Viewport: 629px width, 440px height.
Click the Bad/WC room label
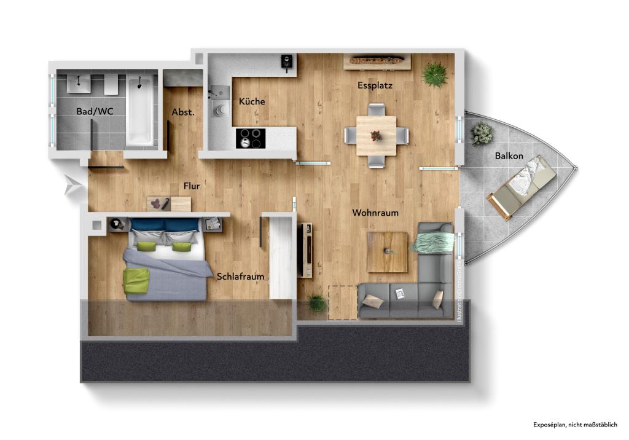click(94, 112)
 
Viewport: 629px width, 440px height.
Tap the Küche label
click(252, 101)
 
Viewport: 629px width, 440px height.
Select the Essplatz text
click(375, 85)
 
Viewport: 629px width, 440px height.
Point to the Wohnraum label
click(375, 213)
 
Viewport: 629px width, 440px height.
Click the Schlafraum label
click(240, 277)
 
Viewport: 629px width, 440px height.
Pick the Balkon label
click(509, 156)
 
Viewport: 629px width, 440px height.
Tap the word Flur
click(192, 186)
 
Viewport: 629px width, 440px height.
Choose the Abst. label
click(183, 112)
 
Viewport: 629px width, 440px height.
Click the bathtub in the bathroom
click(140, 111)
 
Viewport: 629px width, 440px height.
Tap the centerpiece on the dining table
click(376, 135)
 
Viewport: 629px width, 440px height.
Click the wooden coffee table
click(387, 252)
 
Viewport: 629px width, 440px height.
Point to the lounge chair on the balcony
click(522, 186)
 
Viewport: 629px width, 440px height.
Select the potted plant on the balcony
click(481, 133)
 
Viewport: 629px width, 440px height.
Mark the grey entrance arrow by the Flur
click(71, 186)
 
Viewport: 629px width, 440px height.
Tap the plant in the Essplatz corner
click(435, 74)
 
